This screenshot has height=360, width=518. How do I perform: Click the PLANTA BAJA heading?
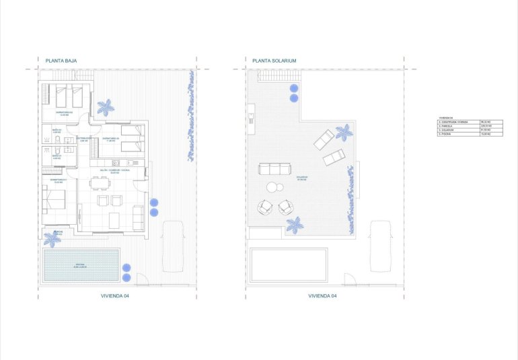pos(61,61)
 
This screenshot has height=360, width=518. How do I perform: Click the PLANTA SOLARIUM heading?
pos(274,61)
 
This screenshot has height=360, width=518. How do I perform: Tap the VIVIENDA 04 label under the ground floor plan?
pos(116,295)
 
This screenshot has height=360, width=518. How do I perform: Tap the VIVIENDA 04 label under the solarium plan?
pos(322,295)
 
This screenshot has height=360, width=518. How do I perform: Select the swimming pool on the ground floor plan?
pos(81,266)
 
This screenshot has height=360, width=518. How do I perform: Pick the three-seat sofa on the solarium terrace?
pos(276,168)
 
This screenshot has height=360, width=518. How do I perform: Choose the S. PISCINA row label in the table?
pos(445,135)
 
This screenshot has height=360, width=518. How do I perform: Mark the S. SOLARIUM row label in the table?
pos(446,131)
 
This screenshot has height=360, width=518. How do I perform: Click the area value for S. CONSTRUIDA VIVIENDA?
pos(484,121)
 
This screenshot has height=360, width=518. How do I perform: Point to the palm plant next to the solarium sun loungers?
pos(344,132)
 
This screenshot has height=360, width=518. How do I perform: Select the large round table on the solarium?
pos(273,188)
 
